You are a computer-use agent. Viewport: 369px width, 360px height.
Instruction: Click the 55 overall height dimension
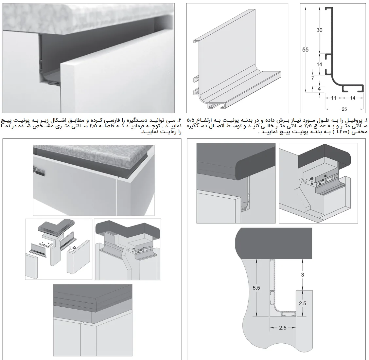point(306,50)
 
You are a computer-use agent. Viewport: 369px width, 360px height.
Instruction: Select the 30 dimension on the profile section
point(320,30)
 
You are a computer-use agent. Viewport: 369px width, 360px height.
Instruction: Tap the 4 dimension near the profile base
point(319,89)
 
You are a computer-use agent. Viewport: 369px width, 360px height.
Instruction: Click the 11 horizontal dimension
point(334,98)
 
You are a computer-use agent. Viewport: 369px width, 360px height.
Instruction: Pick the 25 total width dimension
point(344,109)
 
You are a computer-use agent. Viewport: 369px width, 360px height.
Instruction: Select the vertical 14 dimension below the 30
point(320,64)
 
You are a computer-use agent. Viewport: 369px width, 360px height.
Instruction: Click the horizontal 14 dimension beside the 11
point(353,98)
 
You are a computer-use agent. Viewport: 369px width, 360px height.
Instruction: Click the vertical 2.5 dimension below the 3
point(303,303)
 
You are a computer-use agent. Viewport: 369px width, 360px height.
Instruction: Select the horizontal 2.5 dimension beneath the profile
point(283,327)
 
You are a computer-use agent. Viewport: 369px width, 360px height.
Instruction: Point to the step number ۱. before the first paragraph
point(365,120)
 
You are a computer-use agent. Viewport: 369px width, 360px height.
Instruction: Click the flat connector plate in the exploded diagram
point(45,244)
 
